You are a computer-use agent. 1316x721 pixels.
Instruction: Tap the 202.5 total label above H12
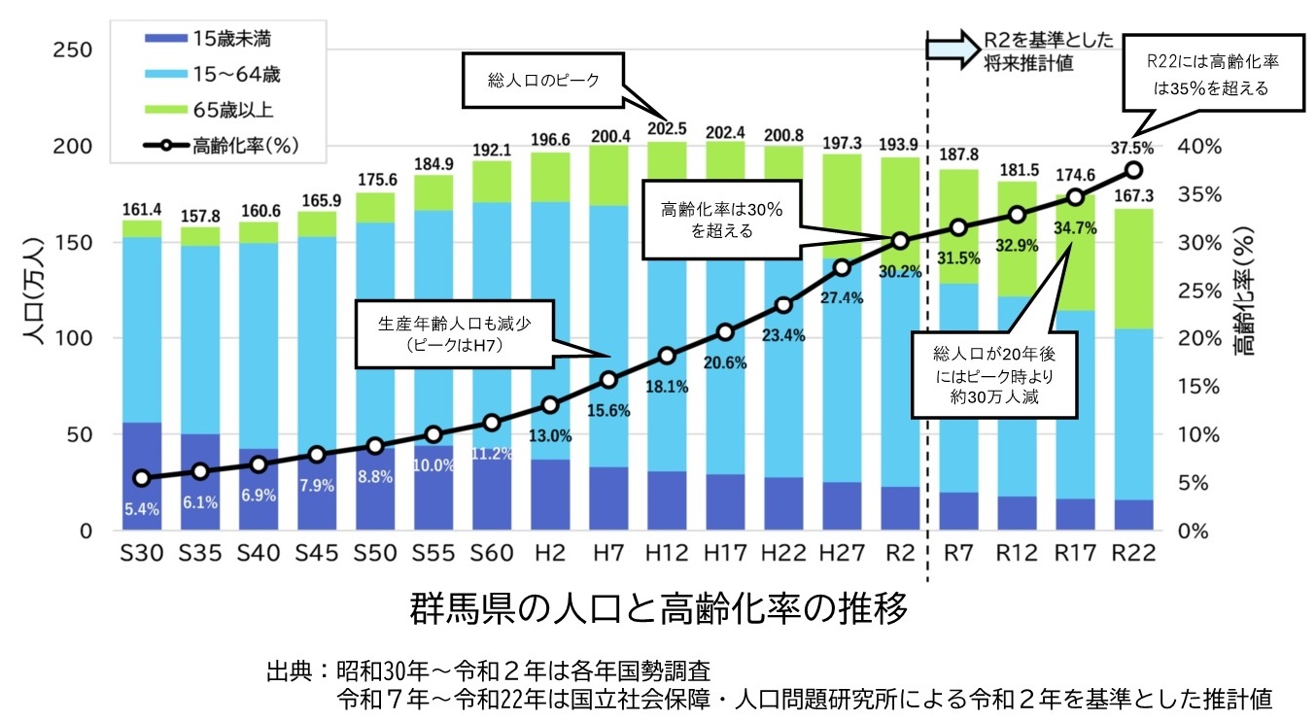click(x=666, y=128)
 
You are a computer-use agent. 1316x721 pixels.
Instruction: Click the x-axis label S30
click(x=142, y=553)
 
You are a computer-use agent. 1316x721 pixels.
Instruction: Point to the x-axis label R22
click(x=1132, y=553)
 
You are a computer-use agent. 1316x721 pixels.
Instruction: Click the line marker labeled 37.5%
click(x=1132, y=170)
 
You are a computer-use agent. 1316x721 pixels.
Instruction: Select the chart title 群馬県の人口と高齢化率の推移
click(x=658, y=610)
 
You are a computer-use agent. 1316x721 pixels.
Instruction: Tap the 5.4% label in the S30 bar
click(x=142, y=508)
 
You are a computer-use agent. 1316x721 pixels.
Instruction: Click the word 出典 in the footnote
click(x=291, y=671)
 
